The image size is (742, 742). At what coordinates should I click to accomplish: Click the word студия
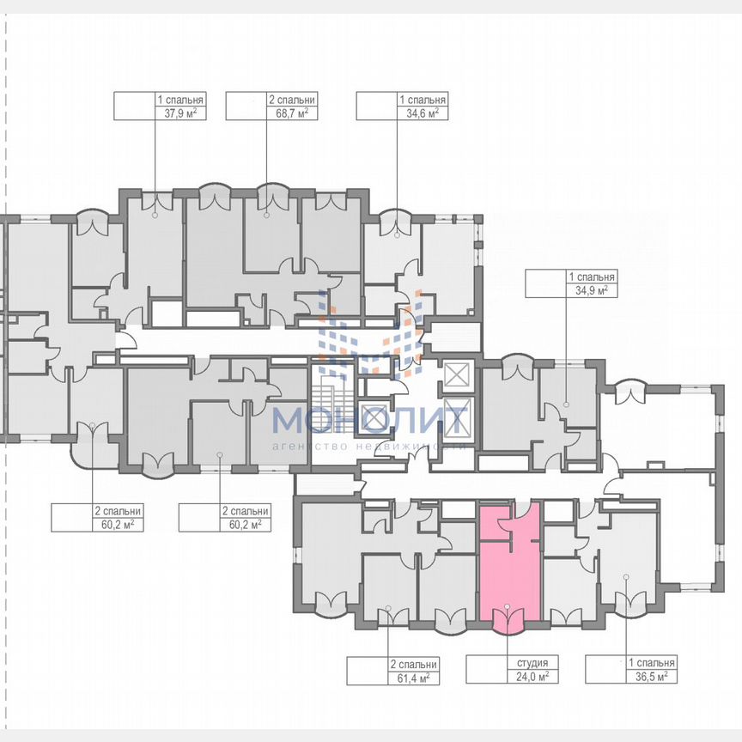(533, 664)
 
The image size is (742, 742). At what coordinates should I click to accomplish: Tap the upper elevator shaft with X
(455, 375)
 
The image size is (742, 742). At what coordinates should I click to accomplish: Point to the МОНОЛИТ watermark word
(370, 421)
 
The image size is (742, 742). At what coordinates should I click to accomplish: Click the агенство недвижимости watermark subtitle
(370, 447)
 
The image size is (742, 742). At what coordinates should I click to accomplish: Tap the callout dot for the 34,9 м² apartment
(567, 404)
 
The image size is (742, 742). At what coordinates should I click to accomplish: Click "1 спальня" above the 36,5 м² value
(651, 664)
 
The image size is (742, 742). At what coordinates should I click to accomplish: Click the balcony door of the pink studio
(508, 617)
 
